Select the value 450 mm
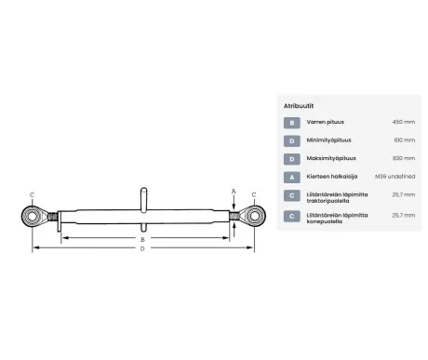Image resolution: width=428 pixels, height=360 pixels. (x=403, y=122)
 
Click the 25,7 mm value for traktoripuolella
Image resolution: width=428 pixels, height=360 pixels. (x=403, y=195)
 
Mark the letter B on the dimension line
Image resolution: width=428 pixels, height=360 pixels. (x=142, y=238)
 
